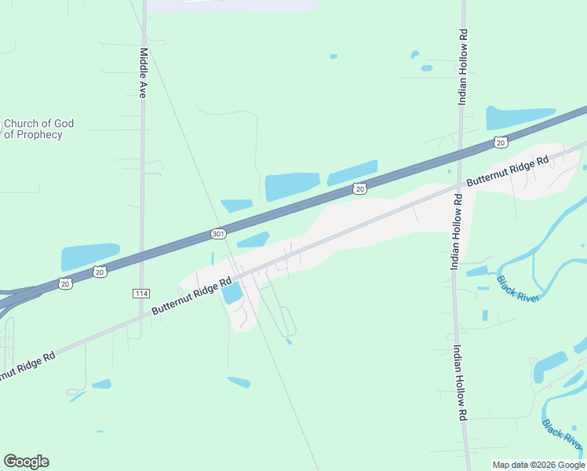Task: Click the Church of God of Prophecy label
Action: pos(38,129)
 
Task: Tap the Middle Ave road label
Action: pos(144,74)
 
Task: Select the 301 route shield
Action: pos(219,234)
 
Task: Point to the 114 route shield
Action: pos(140,294)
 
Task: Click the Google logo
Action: pos(26,462)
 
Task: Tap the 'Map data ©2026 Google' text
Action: pos(539,465)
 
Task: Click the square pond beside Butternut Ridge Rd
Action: pos(232,294)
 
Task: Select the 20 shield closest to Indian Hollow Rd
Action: pos(501,141)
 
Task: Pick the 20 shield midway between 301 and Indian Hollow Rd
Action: pos(359,188)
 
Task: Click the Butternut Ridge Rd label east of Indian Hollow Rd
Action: pos(508,171)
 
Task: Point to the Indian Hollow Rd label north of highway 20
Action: pos(463,67)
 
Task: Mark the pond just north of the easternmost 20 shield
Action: pos(520,117)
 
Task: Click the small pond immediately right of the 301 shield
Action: pos(253,239)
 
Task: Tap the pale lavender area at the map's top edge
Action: pos(232,5)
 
